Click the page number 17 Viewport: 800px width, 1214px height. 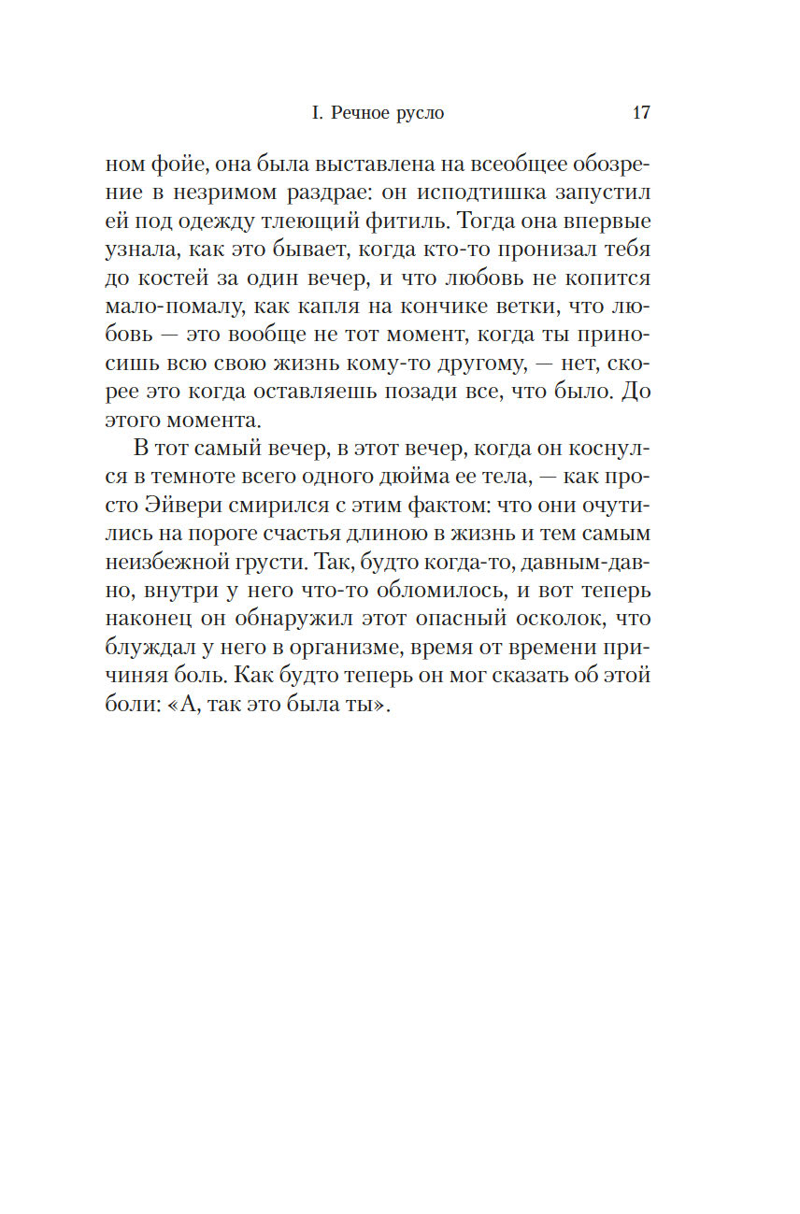coord(641,113)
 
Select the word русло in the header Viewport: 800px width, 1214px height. coord(418,114)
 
